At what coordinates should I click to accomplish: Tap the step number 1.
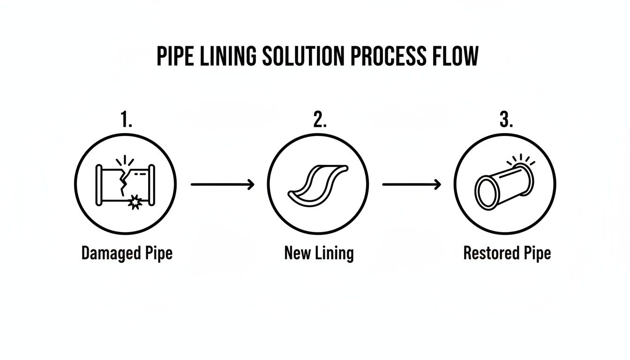click(126, 120)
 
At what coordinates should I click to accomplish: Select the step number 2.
click(319, 120)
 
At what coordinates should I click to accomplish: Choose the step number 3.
click(506, 120)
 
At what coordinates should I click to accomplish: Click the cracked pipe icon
click(125, 184)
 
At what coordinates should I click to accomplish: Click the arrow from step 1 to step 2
click(223, 185)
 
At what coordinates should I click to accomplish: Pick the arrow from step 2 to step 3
click(412, 185)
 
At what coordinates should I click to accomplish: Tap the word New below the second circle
click(297, 254)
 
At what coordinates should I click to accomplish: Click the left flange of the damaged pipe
click(99, 185)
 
